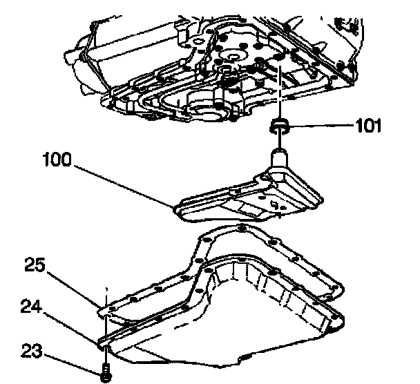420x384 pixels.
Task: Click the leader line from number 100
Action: (x=117, y=182)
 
